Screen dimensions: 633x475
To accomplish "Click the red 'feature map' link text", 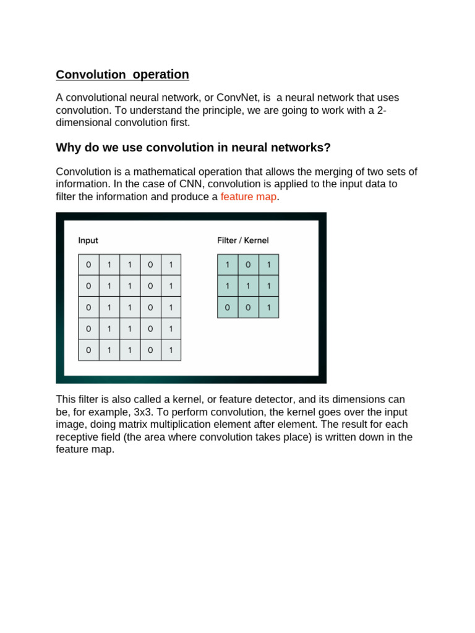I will pos(249,197).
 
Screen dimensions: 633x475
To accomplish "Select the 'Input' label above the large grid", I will pos(88,240).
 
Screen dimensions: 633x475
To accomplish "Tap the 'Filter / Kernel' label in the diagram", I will pos(243,240).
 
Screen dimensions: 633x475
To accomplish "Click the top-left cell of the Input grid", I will pos(88,265).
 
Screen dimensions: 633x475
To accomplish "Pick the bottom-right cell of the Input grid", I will pos(171,350).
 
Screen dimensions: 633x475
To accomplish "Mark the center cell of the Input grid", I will pos(129,307).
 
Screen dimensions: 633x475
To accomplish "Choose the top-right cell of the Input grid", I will pos(171,265).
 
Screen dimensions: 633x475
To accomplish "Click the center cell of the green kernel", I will pos(248,286).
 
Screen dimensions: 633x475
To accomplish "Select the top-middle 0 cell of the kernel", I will pos(248,265).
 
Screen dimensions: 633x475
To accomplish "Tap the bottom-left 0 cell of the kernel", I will pos(228,307).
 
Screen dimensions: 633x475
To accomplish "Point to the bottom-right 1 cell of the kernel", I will pos(268,307).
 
